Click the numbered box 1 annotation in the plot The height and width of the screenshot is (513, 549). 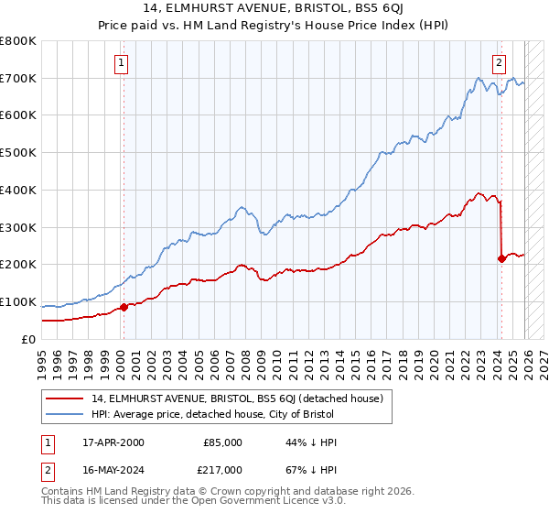pos(122,63)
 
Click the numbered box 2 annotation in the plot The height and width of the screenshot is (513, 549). pos(499,63)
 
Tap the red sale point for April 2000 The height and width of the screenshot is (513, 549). pos(124,307)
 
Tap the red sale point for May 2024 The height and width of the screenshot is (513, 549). pos(501,258)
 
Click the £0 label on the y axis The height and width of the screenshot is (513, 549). pos(29,339)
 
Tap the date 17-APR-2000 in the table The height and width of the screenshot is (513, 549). pos(113,442)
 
